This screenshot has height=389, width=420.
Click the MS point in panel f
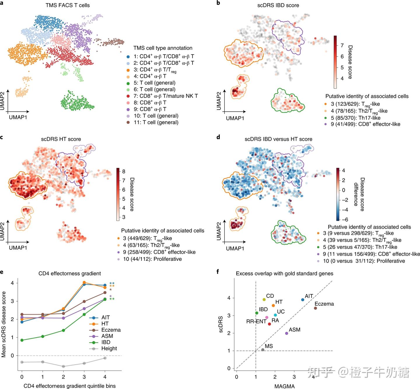pyautogui.click(x=262, y=350)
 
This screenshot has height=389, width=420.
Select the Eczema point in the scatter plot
pyautogui.click(x=315, y=308)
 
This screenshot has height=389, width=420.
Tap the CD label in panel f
pyautogui.click(x=270, y=296)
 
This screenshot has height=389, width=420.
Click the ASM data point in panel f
pyautogui.click(x=286, y=333)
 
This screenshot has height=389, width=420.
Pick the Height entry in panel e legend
pyautogui.click(x=109, y=348)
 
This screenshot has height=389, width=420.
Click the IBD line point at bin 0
pyautogui.click(x=22, y=340)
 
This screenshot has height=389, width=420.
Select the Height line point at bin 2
pyautogui.click(x=64, y=366)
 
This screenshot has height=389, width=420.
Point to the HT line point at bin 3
pyautogui.click(x=84, y=282)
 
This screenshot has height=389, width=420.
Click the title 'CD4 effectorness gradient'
pyautogui.click(x=70, y=273)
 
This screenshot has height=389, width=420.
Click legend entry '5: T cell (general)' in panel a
pyautogui.click(x=157, y=83)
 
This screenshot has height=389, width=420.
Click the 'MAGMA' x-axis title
pyautogui.click(x=284, y=386)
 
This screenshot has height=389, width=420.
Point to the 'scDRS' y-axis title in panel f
pyautogui.click(x=221, y=324)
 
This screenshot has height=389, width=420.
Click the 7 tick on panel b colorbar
pyautogui.click(x=342, y=45)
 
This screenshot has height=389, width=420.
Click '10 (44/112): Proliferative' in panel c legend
pyautogui.click(x=152, y=259)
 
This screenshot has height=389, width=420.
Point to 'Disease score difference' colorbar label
pyautogui.click(x=359, y=194)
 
